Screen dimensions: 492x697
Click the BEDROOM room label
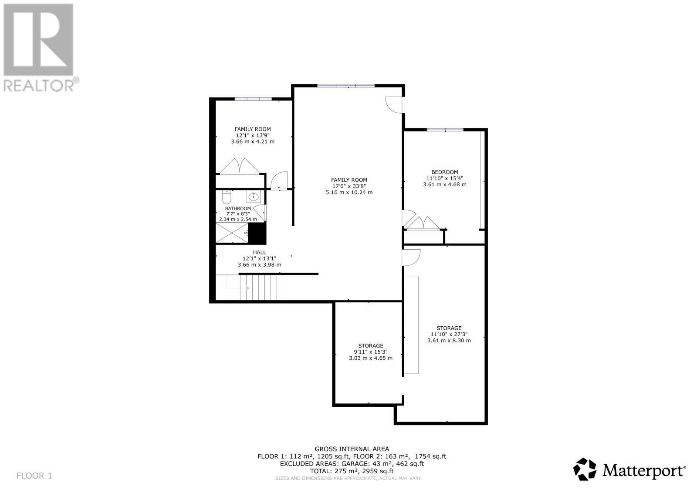pyautogui.click(x=444, y=172)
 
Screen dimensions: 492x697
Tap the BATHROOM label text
pyautogui.click(x=238, y=208)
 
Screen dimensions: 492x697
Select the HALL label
pyautogui.click(x=259, y=252)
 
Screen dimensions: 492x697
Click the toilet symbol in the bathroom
pyautogui.click(x=227, y=197)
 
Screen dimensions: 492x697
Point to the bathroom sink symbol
pyautogui.click(x=253, y=197)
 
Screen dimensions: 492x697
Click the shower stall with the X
pyautogui.click(x=232, y=233)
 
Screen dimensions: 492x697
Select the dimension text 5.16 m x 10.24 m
pyautogui.click(x=349, y=192)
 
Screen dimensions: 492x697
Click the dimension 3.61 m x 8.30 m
pyautogui.click(x=449, y=340)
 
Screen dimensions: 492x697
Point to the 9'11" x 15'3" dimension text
pyautogui.click(x=370, y=352)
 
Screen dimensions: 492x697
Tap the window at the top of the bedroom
pyautogui.click(x=445, y=130)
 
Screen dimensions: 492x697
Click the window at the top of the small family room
pyautogui.click(x=253, y=99)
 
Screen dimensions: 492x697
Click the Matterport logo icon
pyautogui.click(x=584, y=469)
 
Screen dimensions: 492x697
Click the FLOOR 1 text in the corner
pyautogui.click(x=34, y=475)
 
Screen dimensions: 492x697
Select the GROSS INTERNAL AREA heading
pyautogui.click(x=352, y=449)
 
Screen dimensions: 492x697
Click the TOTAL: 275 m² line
pyautogui.click(x=352, y=471)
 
